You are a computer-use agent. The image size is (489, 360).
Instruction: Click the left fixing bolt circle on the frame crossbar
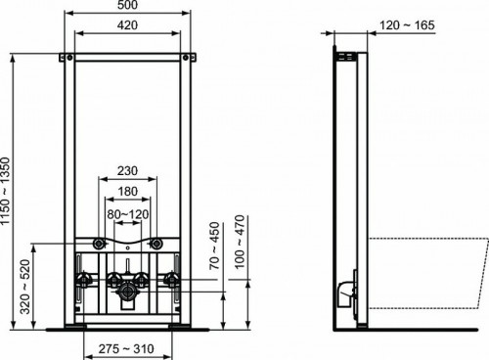coord(99,244)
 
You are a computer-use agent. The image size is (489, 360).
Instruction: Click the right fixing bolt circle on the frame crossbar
coord(157,244)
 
